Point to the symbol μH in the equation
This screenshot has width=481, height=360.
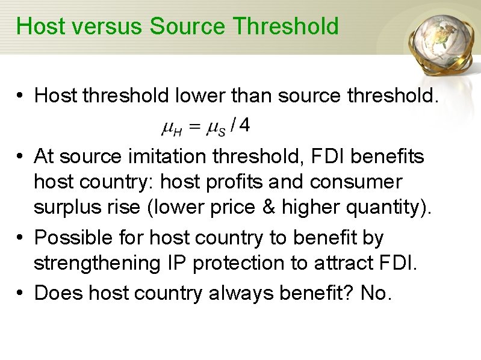170,127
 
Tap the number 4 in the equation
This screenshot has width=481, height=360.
246,125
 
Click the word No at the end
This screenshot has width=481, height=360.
375,293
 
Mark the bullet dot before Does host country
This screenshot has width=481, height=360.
20,293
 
